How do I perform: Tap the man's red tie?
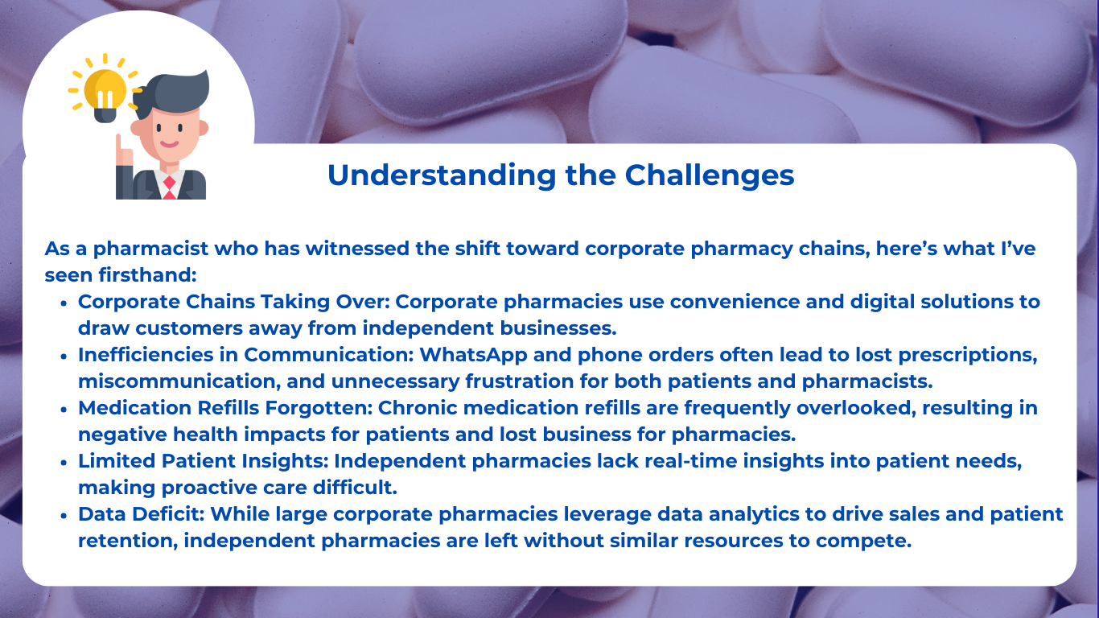[169, 187]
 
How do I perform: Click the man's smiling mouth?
[169, 144]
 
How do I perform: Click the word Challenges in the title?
[710, 175]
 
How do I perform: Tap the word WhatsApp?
[473, 356]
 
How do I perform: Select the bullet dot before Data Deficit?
[64, 516]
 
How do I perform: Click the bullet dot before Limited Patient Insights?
[64, 463]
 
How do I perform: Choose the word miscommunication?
[179, 381]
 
